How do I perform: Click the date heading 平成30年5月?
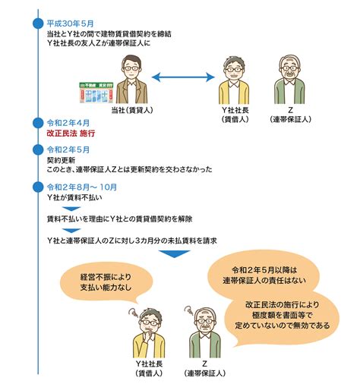[x=70, y=24]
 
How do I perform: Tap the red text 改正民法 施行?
[x=71, y=134]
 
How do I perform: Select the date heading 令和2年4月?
[x=68, y=123]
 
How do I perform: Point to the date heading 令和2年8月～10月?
[x=82, y=187]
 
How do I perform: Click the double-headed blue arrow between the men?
[x=183, y=77]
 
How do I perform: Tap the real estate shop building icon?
[x=96, y=93]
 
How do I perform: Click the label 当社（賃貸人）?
[x=132, y=110]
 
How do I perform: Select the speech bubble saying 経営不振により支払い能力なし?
[x=106, y=282]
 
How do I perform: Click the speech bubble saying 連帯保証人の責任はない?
[x=264, y=275]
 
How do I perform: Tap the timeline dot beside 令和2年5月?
[x=38, y=149]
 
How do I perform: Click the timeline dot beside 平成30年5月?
[x=38, y=24]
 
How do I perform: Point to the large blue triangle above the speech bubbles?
[x=174, y=253]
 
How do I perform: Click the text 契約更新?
[x=61, y=160]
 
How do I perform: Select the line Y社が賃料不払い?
[x=74, y=197]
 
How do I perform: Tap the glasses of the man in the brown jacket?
[x=131, y=68]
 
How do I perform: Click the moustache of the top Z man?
[x=289, y=74]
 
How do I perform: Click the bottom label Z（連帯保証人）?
[x=204, y=368]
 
